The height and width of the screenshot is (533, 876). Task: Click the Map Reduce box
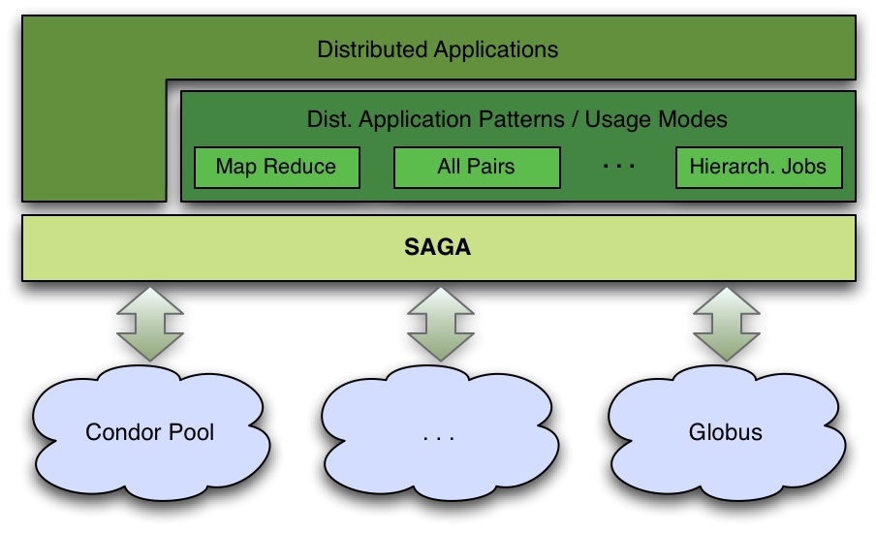276,167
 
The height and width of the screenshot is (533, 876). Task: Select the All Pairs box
476,167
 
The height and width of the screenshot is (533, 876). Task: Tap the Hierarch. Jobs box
758,167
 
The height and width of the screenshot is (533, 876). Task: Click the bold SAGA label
437,247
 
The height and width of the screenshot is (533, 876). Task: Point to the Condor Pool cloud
150,431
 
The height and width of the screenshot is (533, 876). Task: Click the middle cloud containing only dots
438,433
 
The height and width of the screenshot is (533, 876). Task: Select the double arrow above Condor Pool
149,323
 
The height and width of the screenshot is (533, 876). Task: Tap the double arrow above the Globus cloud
725,323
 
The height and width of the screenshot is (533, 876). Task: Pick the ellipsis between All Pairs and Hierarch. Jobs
618,167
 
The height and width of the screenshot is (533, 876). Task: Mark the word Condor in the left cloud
123,431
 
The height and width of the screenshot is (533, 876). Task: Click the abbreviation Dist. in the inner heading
327,120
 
